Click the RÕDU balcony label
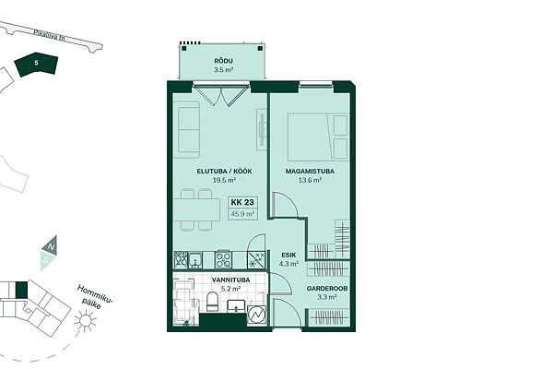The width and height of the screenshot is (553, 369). (223, 61)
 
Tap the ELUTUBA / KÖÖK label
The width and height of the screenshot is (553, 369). (224, 172)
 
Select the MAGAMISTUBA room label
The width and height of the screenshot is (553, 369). (310, 172)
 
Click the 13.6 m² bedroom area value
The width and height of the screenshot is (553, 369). (310, 180)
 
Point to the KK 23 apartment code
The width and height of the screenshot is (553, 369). (242, 202)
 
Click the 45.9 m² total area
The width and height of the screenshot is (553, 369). (242, 214)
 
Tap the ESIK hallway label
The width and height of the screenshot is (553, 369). (288, 255)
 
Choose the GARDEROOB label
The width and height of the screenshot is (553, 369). (327, 289)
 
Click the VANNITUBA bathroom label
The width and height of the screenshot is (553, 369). (230, 280)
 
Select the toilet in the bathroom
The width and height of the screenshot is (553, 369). (212, 302)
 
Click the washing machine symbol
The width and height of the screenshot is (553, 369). (257, 314)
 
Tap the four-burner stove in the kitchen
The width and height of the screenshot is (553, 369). (224, 259)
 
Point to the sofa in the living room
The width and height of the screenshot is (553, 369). (187, 129)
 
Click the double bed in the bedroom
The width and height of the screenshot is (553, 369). (318, 137)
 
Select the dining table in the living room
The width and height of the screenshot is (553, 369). (197, 209)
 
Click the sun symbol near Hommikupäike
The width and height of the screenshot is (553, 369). (85, 320)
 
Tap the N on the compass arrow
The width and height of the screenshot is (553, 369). (51, 247)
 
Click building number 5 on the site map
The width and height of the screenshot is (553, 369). (36, 64)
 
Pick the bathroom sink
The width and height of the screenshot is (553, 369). (236, 305)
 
